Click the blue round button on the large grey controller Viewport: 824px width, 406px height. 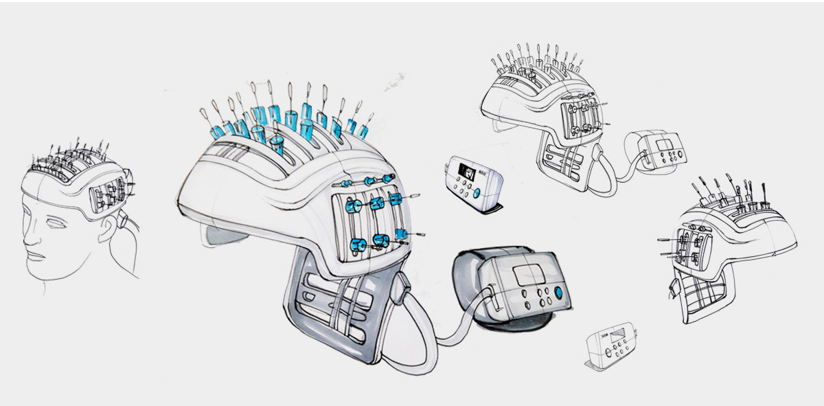point(558,293)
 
